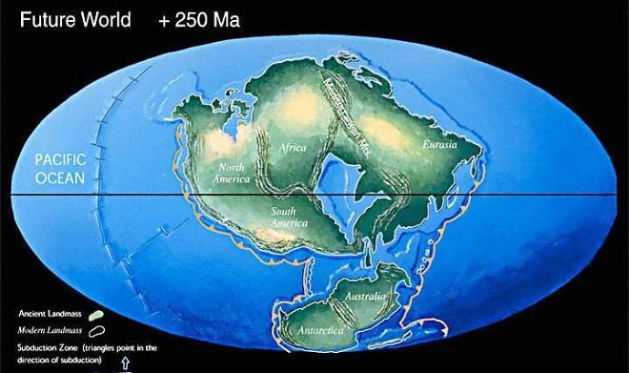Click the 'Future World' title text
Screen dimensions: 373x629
tap(71, 18)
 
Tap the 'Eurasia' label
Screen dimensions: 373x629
tap(439, 145)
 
